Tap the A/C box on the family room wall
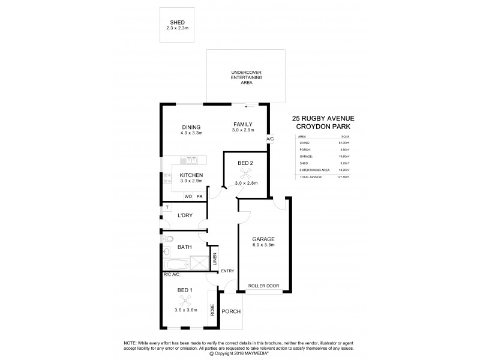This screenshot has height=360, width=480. pos(270,139)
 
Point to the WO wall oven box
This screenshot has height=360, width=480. pos(188,196)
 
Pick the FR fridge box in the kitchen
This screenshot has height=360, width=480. pos(200,196)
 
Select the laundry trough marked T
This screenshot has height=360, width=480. pos(166,208)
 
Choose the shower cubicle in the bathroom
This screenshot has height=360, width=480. pos(197,263)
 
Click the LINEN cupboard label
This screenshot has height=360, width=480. pos(215,260)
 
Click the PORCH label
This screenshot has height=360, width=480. pos(231,312)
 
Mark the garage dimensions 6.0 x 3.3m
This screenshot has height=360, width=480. pos(264,245)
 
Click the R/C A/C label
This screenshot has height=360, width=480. pos(172,275)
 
